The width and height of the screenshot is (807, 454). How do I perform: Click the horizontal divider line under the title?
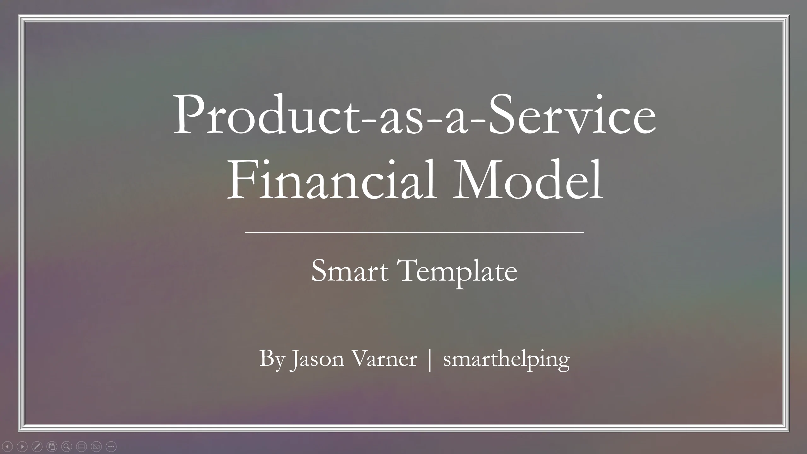pos(415,232)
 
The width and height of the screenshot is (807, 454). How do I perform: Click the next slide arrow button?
pos(22,446)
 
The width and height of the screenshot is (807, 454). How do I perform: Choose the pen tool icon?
pos(37,446)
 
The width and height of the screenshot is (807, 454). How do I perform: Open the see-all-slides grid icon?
pos(52,446)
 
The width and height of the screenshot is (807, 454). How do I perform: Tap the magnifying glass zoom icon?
pos(67,446)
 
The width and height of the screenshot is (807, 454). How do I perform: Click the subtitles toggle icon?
pos(81,446)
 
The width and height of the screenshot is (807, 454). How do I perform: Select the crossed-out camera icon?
pos(96,446)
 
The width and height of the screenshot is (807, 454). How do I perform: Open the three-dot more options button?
pos(111,446)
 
